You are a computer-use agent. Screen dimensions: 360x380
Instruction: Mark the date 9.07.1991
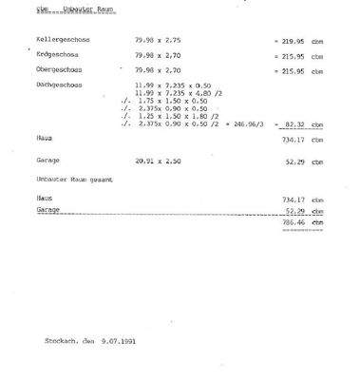click(x=118, y=339)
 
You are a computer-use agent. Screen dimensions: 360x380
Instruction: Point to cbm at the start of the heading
click(x=28, y=9)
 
